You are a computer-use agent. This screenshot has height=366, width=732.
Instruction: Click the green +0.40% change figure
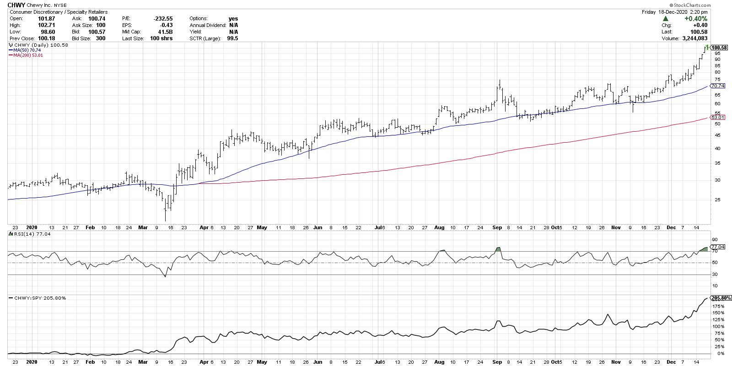pos(696,19)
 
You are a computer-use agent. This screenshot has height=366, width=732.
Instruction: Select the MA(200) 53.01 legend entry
pos(26,55)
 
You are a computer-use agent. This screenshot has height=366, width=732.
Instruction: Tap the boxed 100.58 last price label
pos(719,48)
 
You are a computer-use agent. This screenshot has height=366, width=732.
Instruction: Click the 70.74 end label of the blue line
pos(718,86)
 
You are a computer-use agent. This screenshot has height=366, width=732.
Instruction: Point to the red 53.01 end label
pos(718,118)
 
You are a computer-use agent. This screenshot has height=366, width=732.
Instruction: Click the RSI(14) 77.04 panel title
pos(26,233)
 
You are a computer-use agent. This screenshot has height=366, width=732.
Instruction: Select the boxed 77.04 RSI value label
pos(717,246)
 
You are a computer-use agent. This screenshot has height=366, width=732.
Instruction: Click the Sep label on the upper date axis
pos(498,227)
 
